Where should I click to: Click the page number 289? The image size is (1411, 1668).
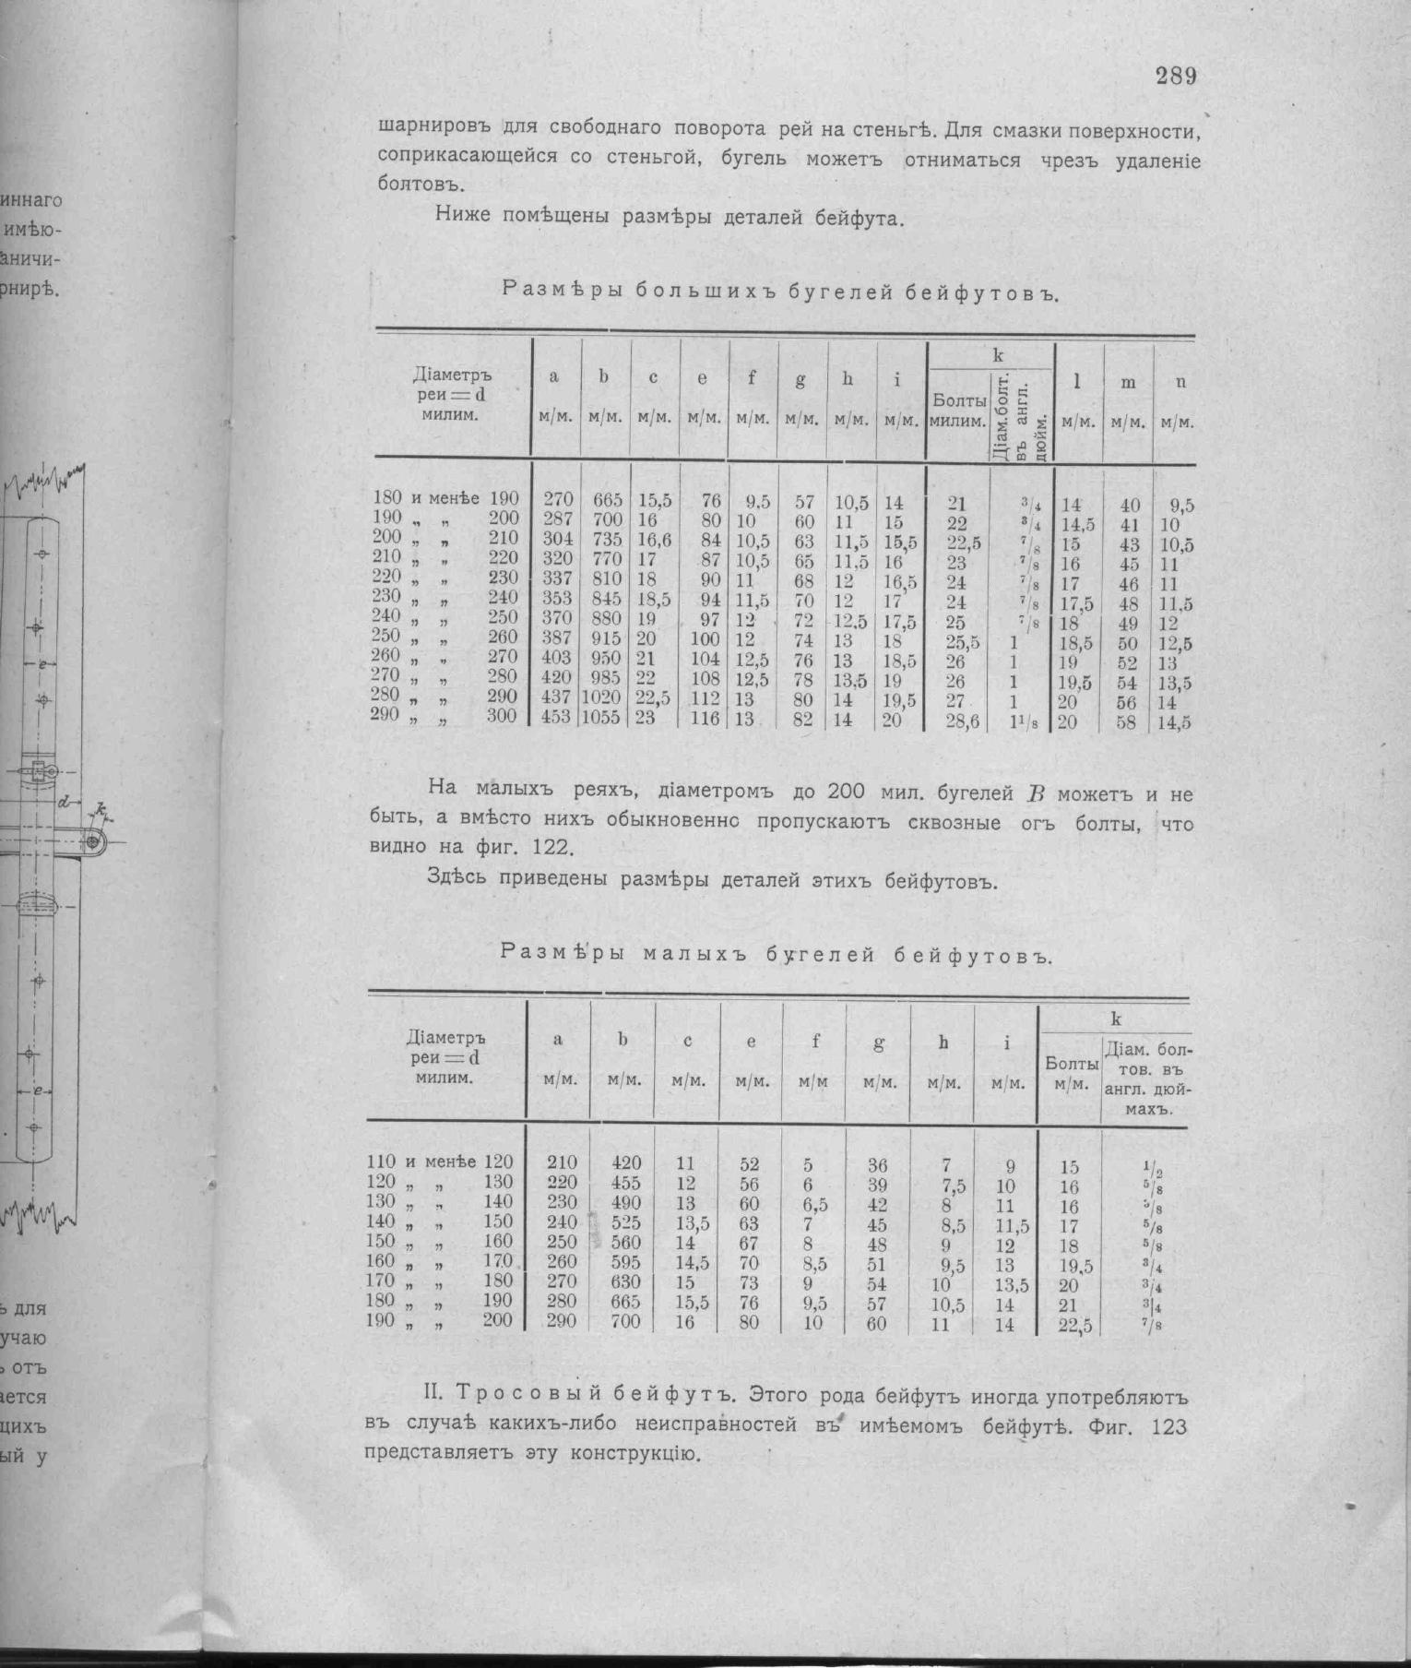1176,77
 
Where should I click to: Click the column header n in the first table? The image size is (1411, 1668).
1180,381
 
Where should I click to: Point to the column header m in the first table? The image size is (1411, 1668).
1128,382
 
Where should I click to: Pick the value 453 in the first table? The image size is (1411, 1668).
556,718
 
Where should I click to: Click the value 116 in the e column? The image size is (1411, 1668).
705,719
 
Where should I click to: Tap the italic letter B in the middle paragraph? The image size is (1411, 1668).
1034,794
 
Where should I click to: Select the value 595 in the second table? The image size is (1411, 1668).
625,1261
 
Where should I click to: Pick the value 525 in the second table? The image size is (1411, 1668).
625,1222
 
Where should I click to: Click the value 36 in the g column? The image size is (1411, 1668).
877,1164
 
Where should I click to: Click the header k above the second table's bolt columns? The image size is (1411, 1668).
1115,1019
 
